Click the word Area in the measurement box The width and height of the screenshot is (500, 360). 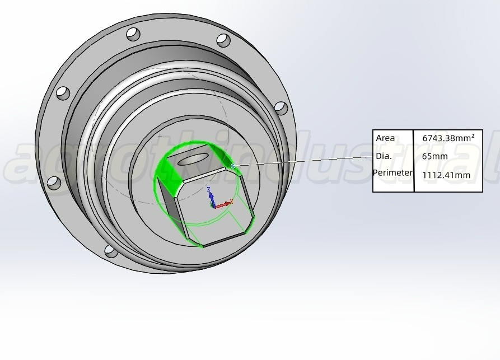(x=385, y=138)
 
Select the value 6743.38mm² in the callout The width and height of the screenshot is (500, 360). (x=448, y=138)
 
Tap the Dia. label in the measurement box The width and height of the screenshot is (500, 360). (x=384, y=156)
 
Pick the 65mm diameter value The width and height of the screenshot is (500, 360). (x=435, y=156)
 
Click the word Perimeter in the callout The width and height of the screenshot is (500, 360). (x=392, y=173)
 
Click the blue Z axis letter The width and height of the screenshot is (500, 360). (x=209, y=189)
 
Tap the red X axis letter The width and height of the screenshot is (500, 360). (x=232, y=201)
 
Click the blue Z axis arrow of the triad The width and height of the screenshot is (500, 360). (x=211, y=199)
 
